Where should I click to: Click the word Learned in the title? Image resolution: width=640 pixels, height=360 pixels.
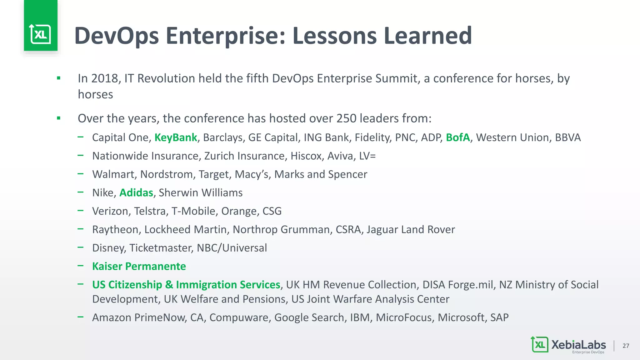(427, 36)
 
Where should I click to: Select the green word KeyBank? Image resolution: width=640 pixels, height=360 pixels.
(176, 137)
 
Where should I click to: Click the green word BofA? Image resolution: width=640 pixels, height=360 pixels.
(458, 137)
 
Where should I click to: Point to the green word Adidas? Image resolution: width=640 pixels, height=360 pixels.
(136, 193)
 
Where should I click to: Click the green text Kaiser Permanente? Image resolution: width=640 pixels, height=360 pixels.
(139, 266)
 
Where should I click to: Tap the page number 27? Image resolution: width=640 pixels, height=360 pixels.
(626, 346)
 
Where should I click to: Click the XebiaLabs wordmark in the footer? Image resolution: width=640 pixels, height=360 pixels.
(578, 345)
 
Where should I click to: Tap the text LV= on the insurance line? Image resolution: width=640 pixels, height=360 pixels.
(367, 156)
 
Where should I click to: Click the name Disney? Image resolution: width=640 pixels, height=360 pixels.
(109, 248)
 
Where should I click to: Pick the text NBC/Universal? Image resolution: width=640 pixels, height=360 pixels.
(232, 248)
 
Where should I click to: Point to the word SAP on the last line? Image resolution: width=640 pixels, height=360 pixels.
(499, 317)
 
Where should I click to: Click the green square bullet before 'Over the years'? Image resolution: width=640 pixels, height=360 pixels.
(58, 118)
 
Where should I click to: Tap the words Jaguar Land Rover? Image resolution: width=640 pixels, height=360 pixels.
(411, 230)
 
